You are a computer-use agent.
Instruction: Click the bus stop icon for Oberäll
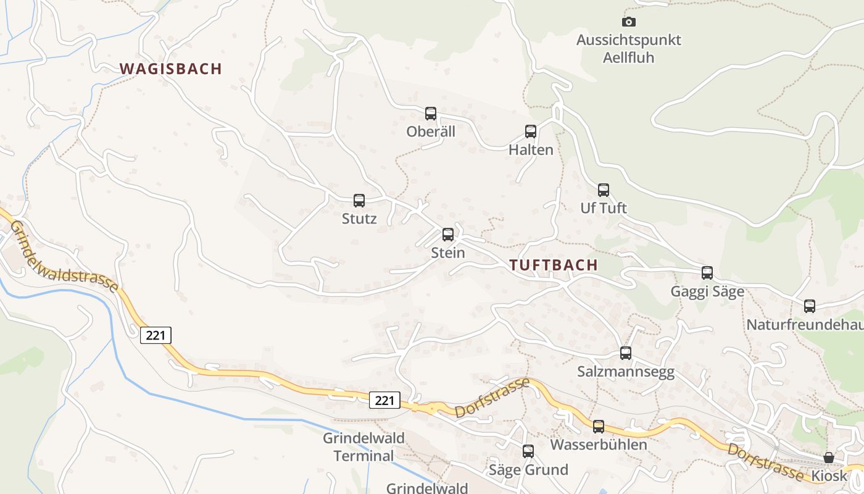point(431,114)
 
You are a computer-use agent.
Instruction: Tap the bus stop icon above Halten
point(531,132)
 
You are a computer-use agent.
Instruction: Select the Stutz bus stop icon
point(359,201)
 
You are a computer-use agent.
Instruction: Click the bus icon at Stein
point(448,235)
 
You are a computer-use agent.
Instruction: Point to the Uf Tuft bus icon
point(604,190)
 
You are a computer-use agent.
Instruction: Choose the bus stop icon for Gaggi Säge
point(707,273)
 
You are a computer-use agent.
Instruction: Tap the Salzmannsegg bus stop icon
point(626,353)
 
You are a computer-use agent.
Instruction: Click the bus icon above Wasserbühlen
point(599,426)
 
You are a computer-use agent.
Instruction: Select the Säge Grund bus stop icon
point(528,451)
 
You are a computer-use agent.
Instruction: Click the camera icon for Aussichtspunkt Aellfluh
point(629,22)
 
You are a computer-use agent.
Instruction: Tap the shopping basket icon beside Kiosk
point(829,458)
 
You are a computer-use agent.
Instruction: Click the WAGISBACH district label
point(170,69)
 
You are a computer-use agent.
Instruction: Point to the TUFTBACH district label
point(554,265)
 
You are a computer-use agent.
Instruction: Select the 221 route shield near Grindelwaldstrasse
point(156,335)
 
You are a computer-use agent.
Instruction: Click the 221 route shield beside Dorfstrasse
point(384,401)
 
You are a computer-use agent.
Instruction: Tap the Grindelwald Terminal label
point(364,447)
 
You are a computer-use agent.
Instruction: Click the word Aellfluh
point(629,57)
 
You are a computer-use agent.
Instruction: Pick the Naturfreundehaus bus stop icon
point(810,306)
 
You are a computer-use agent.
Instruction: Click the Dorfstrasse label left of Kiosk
point(765,462)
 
